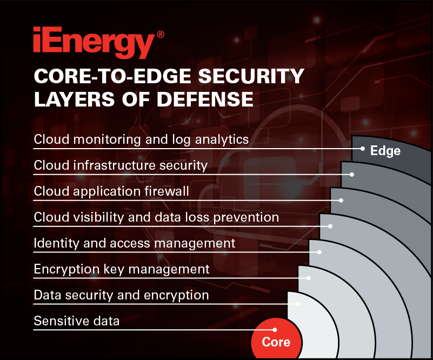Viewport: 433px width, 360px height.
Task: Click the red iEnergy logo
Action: click(94, 42)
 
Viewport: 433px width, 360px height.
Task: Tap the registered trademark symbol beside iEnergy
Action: click(161, 35)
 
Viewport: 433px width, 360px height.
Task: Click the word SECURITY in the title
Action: click(251, 76)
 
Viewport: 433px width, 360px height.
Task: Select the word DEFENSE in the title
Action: click(205, 99)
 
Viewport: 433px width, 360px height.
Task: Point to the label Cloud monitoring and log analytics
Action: click(141, 139)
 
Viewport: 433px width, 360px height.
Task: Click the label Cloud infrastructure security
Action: click(121, 165)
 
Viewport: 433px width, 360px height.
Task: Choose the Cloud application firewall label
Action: click(111, 191)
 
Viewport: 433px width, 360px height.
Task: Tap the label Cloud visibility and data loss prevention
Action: click(156, 217)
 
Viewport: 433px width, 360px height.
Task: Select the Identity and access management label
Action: click(135, 243)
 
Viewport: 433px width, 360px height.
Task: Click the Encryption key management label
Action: click(122, 269)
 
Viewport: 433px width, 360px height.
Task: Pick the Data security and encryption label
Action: click(121, 295)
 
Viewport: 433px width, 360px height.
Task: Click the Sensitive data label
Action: click(77, 321)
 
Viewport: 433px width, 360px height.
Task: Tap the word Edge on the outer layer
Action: click(385, 151)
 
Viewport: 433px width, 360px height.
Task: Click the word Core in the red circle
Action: click(276, 342)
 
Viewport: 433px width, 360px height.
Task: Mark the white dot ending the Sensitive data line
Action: click(275, 330)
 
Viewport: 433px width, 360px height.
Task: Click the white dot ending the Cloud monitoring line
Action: click(363, 149)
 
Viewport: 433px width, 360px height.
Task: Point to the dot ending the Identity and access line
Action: click(319, 252)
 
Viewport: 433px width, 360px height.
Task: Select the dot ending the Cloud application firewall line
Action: click(341, 201)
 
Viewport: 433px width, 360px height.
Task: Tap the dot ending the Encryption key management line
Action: click(309, 278)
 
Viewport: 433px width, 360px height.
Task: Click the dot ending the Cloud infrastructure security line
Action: click(352, 175)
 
